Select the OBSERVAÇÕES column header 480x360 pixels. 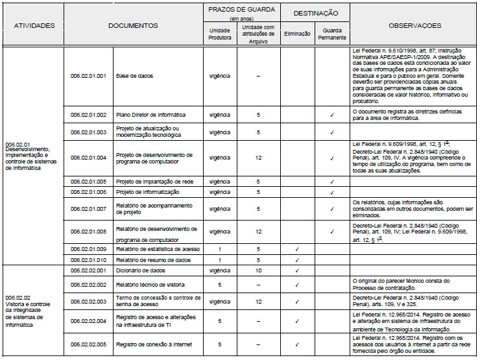coord(414,26)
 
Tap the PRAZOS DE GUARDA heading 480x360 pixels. coord(241,10)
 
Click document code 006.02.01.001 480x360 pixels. coord(88,76)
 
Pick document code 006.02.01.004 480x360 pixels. coord(88,158)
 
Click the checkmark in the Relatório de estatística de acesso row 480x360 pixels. coord(297,249)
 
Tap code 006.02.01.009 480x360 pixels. coord(88,249)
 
